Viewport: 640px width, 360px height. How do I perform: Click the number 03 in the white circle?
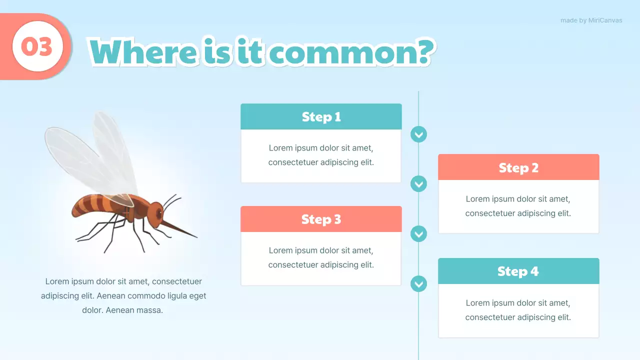(36, 46)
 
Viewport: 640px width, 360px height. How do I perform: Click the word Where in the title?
(143, 52)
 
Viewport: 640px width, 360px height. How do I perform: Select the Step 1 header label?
(321, 117)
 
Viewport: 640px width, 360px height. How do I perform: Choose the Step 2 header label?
(518, 167)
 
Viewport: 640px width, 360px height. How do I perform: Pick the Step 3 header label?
(321, 219)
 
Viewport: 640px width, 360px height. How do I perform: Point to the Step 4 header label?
(518, 271)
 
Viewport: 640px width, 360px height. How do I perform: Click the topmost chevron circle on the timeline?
(418, 134)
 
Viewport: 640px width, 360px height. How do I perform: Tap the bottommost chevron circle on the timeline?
(418, 283)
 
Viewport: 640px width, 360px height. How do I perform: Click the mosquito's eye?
(159, 213)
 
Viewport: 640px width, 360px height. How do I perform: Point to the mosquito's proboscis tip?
(197, 237)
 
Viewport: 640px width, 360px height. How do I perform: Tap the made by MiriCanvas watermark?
(591, 20)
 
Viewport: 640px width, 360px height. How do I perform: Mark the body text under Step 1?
(321, 155)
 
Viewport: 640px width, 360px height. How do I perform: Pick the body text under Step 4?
(518, 310)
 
